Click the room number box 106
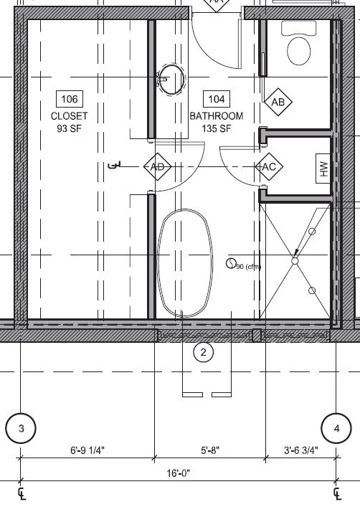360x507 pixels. coord(69,99)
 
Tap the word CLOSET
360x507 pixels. coord(69,115)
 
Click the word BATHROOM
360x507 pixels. coord(216,115)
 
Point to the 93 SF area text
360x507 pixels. coord(69,128)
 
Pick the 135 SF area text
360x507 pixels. coord(216,128)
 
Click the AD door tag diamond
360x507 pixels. coord(158,167)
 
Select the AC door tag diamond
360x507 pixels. coord(270,167)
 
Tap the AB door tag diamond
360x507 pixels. coord(278,103)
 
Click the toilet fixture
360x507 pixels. coord(298,44)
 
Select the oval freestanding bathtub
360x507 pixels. coord(185,263)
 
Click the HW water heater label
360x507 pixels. coord(323,169)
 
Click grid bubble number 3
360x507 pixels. coord(21,429)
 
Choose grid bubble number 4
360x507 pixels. coord(337,429)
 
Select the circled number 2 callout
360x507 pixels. coord(204,352)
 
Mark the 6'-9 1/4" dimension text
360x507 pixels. coord(87,450)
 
